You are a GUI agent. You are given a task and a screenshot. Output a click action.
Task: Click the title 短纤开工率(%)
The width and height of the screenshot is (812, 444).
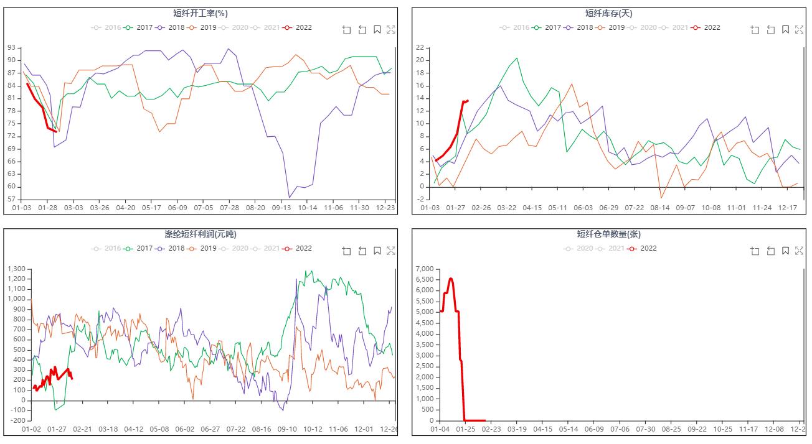(200, 13)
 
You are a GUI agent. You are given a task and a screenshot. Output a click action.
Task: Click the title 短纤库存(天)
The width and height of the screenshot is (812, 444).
(608, 13)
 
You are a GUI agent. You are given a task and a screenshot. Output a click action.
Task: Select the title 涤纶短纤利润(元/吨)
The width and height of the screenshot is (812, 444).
(200, 234)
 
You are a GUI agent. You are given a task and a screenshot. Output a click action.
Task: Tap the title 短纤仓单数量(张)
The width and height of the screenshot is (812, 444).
(608, 234)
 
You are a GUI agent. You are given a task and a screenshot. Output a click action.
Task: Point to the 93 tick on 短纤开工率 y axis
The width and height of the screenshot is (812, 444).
(12, 47)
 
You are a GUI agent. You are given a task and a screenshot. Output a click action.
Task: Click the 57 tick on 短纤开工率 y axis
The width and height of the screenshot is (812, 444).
(12, 200)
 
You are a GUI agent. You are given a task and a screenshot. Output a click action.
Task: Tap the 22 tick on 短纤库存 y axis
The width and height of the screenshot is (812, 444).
(420, 47)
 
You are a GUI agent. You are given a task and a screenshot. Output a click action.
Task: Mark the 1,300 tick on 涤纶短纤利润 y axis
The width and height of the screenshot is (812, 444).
(16, 269)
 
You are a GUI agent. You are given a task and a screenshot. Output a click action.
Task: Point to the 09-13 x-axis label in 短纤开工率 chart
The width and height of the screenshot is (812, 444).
(281, 208)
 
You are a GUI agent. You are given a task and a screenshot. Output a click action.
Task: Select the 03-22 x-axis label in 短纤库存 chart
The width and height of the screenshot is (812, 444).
(507, 208)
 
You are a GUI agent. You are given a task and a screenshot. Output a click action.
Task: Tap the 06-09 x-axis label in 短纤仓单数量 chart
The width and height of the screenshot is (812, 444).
(594, 429)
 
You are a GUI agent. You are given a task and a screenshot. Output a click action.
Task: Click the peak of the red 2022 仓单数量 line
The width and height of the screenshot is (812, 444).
(451, 279)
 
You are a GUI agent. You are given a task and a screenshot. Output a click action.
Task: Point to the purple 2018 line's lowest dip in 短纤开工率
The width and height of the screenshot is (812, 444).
(290, 198)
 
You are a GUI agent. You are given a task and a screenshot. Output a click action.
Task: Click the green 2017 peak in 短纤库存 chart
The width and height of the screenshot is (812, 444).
(516, 58)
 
